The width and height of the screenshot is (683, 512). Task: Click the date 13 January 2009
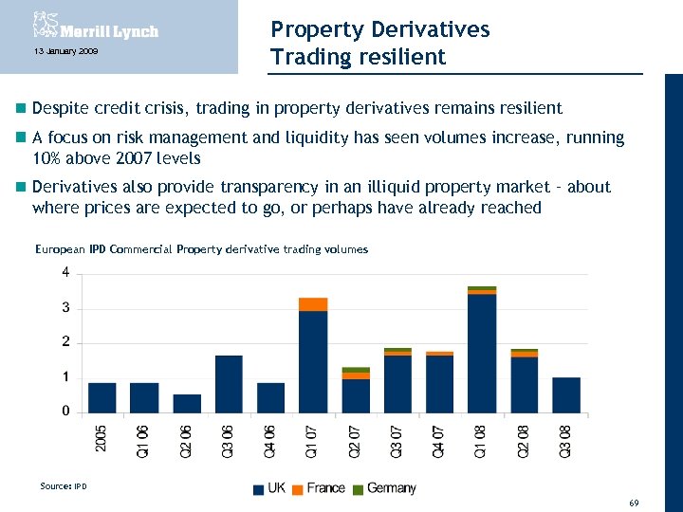(59, 50)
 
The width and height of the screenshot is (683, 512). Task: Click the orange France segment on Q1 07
(313, 304)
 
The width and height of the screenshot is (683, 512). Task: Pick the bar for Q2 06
(187, 403)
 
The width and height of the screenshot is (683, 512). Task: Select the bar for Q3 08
(566, 394)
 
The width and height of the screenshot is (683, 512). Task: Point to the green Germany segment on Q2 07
(356, 370)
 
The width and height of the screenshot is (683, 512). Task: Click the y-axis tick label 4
(65, 272)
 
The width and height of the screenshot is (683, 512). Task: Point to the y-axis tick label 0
(65, 411)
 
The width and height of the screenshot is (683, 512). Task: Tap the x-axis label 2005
(102, 439)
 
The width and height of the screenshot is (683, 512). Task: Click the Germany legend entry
(383, 488)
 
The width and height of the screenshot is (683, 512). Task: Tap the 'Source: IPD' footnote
(63, 486)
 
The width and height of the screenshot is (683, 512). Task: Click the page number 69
(634, 500)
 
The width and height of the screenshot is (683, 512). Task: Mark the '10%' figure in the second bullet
(48, 158)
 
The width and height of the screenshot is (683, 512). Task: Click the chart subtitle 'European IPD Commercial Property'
(153, 249)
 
